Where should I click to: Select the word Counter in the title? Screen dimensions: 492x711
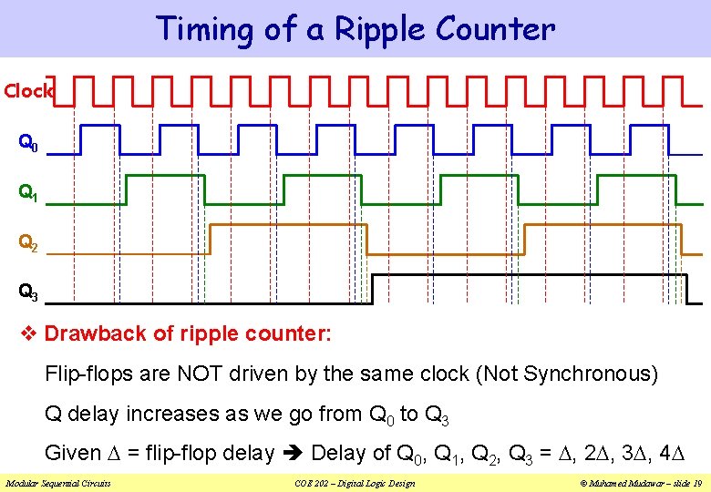click(495, 29)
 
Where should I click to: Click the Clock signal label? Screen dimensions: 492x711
click(28, 91)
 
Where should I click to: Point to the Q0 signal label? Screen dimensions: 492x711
click(28, 143)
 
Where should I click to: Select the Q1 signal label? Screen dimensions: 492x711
click(28, 193)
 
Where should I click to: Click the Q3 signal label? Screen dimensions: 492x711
click(28, 292)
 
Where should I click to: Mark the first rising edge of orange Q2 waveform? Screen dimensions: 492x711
click(210, 238)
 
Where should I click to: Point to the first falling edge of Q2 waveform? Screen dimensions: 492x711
click(366, 238)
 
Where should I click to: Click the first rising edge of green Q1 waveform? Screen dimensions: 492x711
click(126, 190)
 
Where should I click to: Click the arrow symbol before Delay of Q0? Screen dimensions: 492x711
click(294, 453)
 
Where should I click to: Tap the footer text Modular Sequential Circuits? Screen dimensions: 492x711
click(58, 483)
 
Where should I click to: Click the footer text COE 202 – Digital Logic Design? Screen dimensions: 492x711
click(355, 483)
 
